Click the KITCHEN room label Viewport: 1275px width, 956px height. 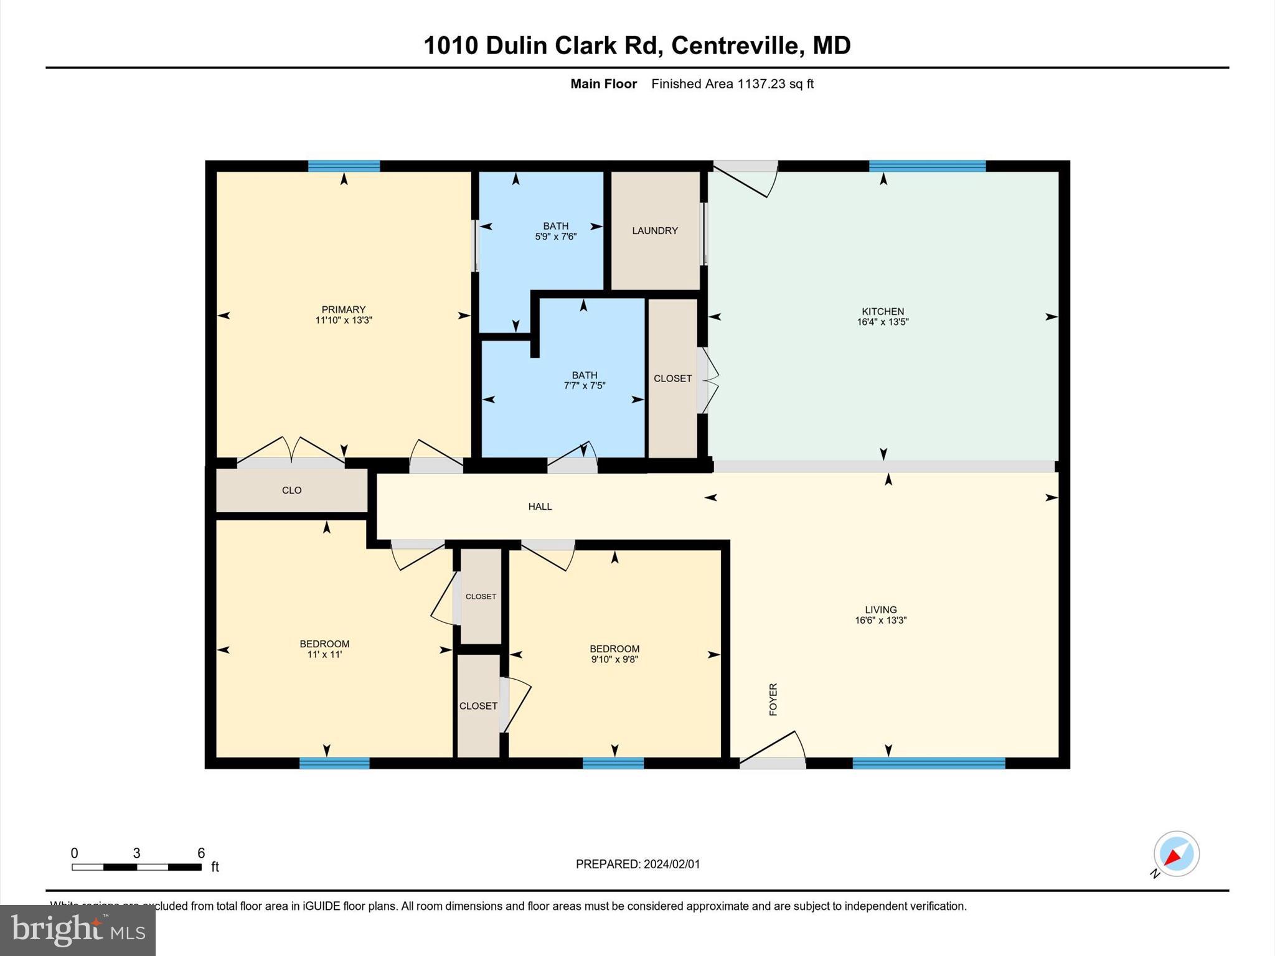(x=882, y=311)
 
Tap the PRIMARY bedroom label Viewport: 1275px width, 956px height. (x=343, y=309)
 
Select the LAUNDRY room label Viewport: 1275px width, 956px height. (x=654, y=231)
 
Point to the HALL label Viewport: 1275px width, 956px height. (x=540, y=507)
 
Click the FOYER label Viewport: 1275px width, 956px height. (x=773, y=699)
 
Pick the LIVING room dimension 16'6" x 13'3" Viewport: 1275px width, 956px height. (x=880, y=621)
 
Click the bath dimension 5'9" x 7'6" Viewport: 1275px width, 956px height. (x=555, y=237)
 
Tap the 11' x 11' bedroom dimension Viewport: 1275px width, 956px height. (x=324, y=655)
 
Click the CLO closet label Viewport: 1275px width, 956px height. (x=291, y=490)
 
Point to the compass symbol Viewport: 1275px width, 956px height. (x=1176, y=854)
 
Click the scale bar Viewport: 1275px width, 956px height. (x=136, y=867)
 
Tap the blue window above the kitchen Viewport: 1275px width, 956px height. (x=927, y=166)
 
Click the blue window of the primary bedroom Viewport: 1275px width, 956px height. (x=344, y=166)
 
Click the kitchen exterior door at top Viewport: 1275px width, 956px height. (x=745, y=177)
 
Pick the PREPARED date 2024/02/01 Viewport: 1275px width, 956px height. (x=637, y=864)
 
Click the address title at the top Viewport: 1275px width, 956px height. (x=637, y=45)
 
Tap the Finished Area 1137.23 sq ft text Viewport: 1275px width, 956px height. (x=732, y=84)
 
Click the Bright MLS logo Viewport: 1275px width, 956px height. (x=78, y=930)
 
